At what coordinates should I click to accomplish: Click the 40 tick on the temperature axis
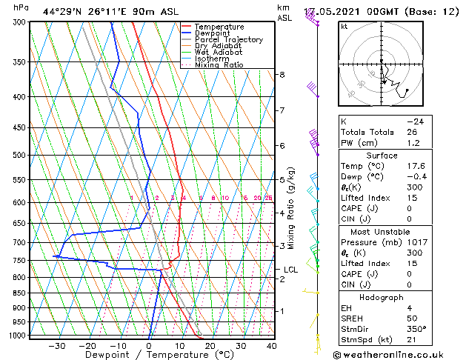(x=271, y=345)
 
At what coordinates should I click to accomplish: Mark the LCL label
(x=290, y=270)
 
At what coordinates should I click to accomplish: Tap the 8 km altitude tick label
(x=282, y=75)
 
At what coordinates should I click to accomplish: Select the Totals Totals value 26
(x=413, y=132)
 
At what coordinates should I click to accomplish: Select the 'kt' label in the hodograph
(x=344, y=27)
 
